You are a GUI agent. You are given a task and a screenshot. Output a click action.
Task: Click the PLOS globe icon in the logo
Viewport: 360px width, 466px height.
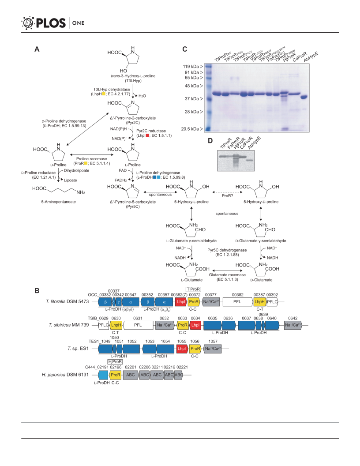click(x=28, y=23)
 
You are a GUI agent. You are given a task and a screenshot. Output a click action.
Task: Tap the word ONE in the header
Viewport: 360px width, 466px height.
click(x=79, y=23)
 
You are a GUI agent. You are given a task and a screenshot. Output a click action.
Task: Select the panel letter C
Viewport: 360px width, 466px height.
click(x=185, y=49)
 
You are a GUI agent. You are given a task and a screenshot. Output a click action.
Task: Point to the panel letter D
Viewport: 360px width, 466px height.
click(x=210, y=141)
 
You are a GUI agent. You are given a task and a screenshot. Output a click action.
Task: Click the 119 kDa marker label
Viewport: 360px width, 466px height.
click(x=191, y=67)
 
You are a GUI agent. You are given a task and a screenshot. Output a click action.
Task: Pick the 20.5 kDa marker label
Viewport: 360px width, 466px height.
click(x=190, y=129)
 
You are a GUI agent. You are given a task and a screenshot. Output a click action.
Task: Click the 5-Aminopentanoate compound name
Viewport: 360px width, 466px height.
click(x=59, y=202)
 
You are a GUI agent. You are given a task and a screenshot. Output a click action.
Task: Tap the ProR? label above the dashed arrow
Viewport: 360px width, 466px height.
click(x=228, y=196)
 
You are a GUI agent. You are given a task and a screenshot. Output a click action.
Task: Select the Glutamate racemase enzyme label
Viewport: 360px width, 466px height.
click(x=227, y=275)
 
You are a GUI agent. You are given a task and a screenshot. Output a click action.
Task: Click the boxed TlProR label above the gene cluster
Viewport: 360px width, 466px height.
click(x=193, y=289)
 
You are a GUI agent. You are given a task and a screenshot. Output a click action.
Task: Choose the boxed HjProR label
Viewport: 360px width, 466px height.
click(x=115, y=362)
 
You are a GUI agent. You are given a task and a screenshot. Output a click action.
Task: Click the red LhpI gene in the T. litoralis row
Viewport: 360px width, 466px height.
click(x=181, y=302)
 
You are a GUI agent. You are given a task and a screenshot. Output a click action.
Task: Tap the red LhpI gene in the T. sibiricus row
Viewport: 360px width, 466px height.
click(x=195, y=325)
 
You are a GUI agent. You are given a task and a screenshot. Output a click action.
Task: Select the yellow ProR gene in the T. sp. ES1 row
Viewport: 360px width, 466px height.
click(x=195, y=349)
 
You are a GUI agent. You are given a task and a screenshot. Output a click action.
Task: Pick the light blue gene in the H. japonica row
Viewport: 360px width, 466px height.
click(x=103, y=375)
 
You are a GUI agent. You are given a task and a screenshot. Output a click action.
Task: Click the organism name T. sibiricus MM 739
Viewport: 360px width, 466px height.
click(x=69, y=325)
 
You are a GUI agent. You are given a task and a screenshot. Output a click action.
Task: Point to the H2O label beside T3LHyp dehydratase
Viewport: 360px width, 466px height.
click(x=142, y=96)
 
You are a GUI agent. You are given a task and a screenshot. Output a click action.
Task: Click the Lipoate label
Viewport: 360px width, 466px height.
click(x=71, y=180)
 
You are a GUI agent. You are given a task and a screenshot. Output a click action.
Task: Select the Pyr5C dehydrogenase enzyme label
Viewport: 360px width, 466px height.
click(x=227, y=250)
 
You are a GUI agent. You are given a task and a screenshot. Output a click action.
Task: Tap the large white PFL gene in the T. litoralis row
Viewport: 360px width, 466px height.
click(x=237, y=302)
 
